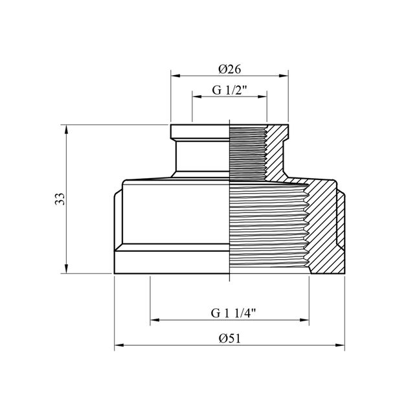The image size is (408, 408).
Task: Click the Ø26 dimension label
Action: tap(229, 69)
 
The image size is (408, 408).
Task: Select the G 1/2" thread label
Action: tap(229, 90)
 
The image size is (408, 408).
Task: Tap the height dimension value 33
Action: tap(60, 199)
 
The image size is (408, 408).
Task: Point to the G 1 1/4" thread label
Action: tap(233, 313)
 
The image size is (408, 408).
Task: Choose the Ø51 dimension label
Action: tap(230, 338)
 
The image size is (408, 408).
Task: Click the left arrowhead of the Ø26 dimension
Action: tap(176, 76)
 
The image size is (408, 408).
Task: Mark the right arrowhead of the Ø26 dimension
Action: tap(284, 76)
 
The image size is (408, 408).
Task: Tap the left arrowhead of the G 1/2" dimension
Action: tap(197, 96)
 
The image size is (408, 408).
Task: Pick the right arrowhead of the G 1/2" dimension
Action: tap(262, 96)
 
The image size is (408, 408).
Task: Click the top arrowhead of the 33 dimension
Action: tap(66, 130)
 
